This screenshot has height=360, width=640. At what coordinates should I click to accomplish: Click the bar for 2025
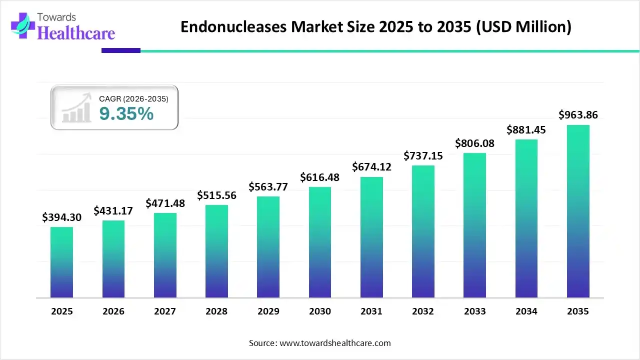[x=61, y=262]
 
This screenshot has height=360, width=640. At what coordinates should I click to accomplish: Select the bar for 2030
[x=320, y=242]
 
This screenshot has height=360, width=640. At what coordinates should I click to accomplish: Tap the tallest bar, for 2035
[x=578, y=211]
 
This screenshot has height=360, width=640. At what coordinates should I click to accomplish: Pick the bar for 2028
[x=216, y=251]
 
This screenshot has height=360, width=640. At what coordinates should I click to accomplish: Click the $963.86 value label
[x=578, y=115]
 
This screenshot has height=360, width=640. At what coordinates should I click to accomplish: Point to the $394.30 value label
[x=61, y=217]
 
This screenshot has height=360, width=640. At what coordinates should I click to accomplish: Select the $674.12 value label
[x=371, y=166]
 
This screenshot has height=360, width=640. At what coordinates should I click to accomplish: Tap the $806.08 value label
[x=474, y=143]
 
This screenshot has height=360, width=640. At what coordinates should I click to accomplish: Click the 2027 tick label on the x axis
[x=165, y=311]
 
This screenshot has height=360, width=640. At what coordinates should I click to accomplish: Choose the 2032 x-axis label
[x=423, y=311]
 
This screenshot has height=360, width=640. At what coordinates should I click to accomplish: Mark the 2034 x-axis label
[x=526, y=311]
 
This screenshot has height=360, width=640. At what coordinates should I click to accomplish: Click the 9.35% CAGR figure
[x=126, y=114]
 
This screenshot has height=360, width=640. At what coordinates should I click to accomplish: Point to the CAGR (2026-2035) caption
[x=133, y=99]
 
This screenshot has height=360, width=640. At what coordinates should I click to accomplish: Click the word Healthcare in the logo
[x=76, y=32]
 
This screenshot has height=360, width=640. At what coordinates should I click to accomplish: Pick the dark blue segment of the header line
[x=121, y=50]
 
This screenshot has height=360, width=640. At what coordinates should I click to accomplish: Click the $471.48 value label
[x=165, y=203]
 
